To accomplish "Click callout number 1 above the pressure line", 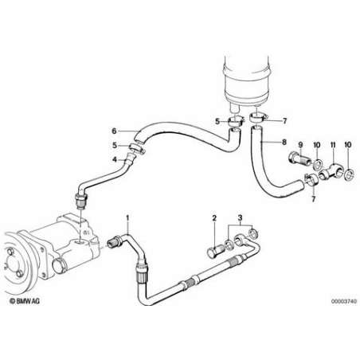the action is click(x=127, y=217).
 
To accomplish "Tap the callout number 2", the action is click(x=214, y=218).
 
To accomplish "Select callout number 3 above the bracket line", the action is click(x=240, y=218).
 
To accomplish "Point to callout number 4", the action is click(x=115, y=159).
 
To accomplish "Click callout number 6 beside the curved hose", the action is click(x=114, y=131).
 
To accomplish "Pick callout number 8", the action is click(x=284, y=142).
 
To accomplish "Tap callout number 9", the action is click(x=300, y=145).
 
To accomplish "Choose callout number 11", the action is click(x=333, y=145).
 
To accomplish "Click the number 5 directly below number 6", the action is click(x=115, y=146).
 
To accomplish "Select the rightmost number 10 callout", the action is click(x=348, y=145).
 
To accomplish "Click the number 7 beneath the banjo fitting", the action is click(x=314, y=199).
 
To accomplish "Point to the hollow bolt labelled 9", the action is click(x=299, y=159).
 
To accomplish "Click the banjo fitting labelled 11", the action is click(x=331, y=170).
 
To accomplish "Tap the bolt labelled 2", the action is click(x=215, y=251).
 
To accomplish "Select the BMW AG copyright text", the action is click(x=25, y=301).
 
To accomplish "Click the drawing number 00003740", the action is click(x=344, y=301).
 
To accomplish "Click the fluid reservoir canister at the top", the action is click(x=247, y=80).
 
